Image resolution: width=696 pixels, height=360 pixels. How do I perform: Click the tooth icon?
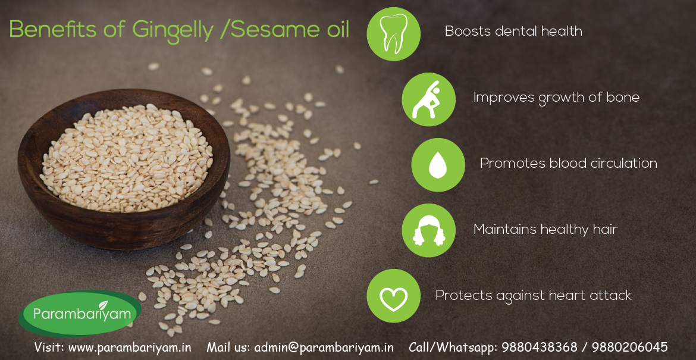coord(393,34)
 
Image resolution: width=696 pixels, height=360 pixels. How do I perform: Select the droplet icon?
coord(438,165)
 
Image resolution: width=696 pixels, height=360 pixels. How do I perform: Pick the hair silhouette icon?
coord(428,230)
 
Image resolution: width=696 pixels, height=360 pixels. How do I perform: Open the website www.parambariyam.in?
coord(130,348)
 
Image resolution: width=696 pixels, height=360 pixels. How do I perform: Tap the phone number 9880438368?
coord(540,347)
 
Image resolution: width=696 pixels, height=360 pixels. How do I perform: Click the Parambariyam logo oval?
coord(80,314)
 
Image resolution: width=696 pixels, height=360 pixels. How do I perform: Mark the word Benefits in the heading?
coord(52,29)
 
